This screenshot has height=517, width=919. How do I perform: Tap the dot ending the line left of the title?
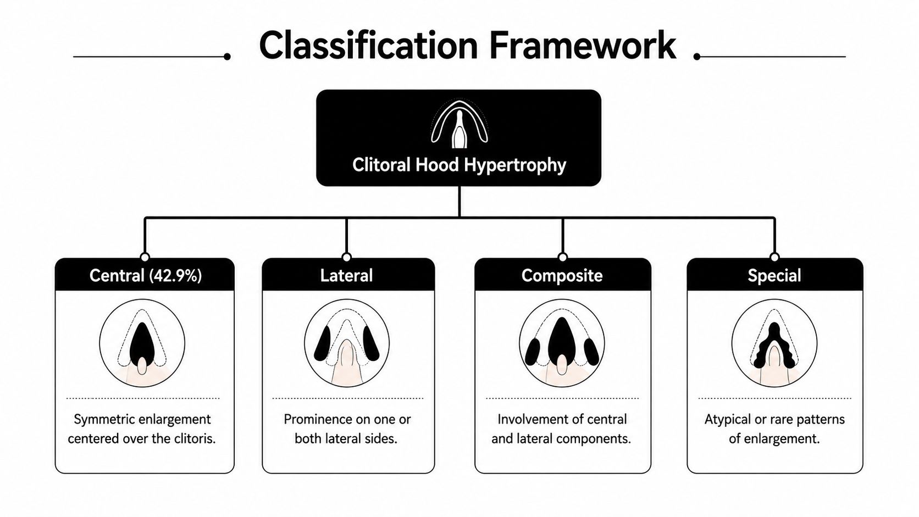[x=227, y=57]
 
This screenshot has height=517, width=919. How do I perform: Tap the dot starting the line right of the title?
[x=697, y=57]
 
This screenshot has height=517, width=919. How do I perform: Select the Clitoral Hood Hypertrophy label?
[x=459, y=165]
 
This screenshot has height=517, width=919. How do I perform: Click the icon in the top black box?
[x=459, y=124]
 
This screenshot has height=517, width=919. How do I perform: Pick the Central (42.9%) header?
[x=146, y=275]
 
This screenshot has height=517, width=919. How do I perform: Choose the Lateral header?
[x=347, y=275]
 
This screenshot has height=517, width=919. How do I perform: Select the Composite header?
[x=562, y=275]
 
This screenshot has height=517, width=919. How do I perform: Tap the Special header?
[x=774, y=275]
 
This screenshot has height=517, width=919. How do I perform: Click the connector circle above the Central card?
[x=145, y=257]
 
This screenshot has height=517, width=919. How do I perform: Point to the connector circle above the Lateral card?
[x=347, y=257]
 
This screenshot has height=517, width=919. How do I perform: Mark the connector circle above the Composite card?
[x=563, y=257]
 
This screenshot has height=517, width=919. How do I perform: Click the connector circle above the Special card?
[x=774, y=257]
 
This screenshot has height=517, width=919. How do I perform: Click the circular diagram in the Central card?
[x=142, y=343]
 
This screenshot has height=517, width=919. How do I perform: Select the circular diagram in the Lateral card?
[x=347, y=343]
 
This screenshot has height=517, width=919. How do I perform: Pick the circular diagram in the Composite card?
[x=562, y=343]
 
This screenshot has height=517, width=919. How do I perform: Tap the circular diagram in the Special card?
[x=774, y=343]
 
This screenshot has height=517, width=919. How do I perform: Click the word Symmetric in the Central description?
[x=104, y=420]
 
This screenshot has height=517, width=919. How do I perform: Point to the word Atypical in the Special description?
[x=727, y=420]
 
